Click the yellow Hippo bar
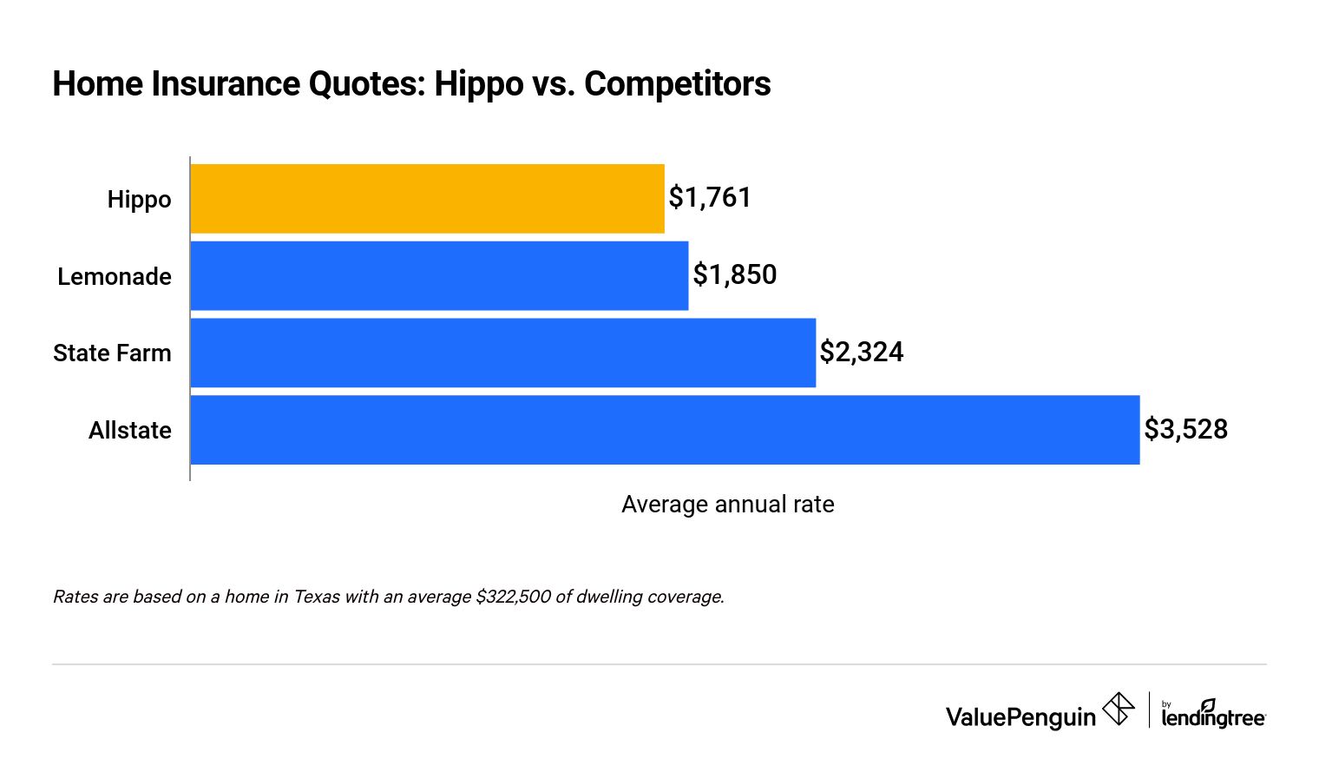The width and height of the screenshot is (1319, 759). coord(427,199)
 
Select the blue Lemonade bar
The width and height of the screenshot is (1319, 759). coord(439,275)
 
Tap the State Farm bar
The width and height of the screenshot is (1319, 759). coord(502,353)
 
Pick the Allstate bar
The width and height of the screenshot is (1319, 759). coord(665,430)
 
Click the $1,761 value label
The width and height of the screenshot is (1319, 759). coord(710,198)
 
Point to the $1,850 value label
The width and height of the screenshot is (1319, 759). coord(734,275)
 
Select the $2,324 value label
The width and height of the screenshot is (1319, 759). coord(862,352)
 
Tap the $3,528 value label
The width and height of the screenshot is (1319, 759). coord(1185,429)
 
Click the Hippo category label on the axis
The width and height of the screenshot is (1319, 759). coord(139,200)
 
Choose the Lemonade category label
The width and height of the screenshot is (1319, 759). coord(115,277)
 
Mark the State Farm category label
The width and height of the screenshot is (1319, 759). coord(112,353)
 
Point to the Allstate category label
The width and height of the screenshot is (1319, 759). coord(130,431)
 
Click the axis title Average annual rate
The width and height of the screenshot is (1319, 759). coord(727,505)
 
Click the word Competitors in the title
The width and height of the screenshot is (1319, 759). coord(677,84)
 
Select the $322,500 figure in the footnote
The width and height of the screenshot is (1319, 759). coord(513,597)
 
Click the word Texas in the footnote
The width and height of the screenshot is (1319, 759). coord(317,597)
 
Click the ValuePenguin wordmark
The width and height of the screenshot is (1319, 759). coord(1020,717)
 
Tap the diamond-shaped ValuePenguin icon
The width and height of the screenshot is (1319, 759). coord(1119,709)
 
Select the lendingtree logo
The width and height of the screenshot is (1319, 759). coord(1213,715)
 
